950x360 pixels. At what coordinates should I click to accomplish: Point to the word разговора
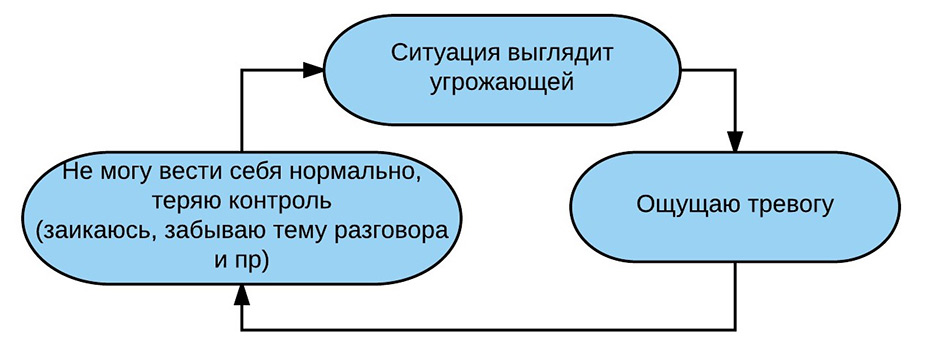(394, 229)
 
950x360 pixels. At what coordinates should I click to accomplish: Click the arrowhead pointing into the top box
(314, 69)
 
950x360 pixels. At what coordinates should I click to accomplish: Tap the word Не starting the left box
(75, 171)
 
